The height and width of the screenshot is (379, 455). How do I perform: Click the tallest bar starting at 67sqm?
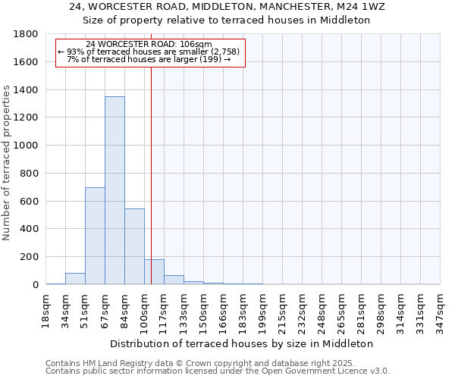point(115,190)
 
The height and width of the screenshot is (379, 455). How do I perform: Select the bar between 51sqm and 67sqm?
point(95,236)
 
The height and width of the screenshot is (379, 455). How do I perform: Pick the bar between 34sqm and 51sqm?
point(75,278)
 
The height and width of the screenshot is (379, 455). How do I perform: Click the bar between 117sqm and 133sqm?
point(174,280)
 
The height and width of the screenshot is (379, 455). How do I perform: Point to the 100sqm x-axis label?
point(144,309)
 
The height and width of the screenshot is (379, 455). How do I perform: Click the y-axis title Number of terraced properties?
point(8,163)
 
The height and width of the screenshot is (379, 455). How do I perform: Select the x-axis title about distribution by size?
point(242,343)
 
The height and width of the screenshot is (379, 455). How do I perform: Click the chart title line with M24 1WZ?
point(227,7)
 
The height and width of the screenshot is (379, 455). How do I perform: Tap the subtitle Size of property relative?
point(227,20)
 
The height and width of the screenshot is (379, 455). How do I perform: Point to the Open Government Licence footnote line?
point(218,371)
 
